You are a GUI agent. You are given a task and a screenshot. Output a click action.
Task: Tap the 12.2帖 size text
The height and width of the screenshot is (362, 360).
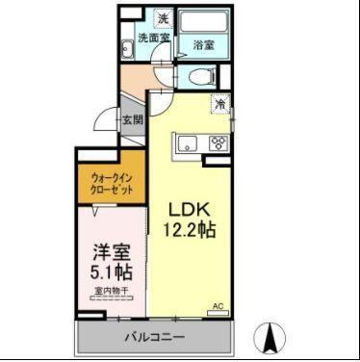pos(193,231)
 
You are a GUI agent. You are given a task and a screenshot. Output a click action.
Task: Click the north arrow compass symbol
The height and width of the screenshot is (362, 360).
pos(270,338)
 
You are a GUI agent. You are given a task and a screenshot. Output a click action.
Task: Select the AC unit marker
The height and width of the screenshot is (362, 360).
pos(218,307)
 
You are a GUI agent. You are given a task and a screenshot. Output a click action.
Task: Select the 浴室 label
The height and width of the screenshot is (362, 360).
pos(203,44)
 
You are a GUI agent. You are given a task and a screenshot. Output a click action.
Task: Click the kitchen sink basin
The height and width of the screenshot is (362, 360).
pos(185,144)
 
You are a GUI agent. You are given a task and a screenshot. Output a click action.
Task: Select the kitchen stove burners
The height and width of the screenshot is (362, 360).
pos(219,144)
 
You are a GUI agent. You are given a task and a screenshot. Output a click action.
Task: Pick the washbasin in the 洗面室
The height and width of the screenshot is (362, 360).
pos(127,52)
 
